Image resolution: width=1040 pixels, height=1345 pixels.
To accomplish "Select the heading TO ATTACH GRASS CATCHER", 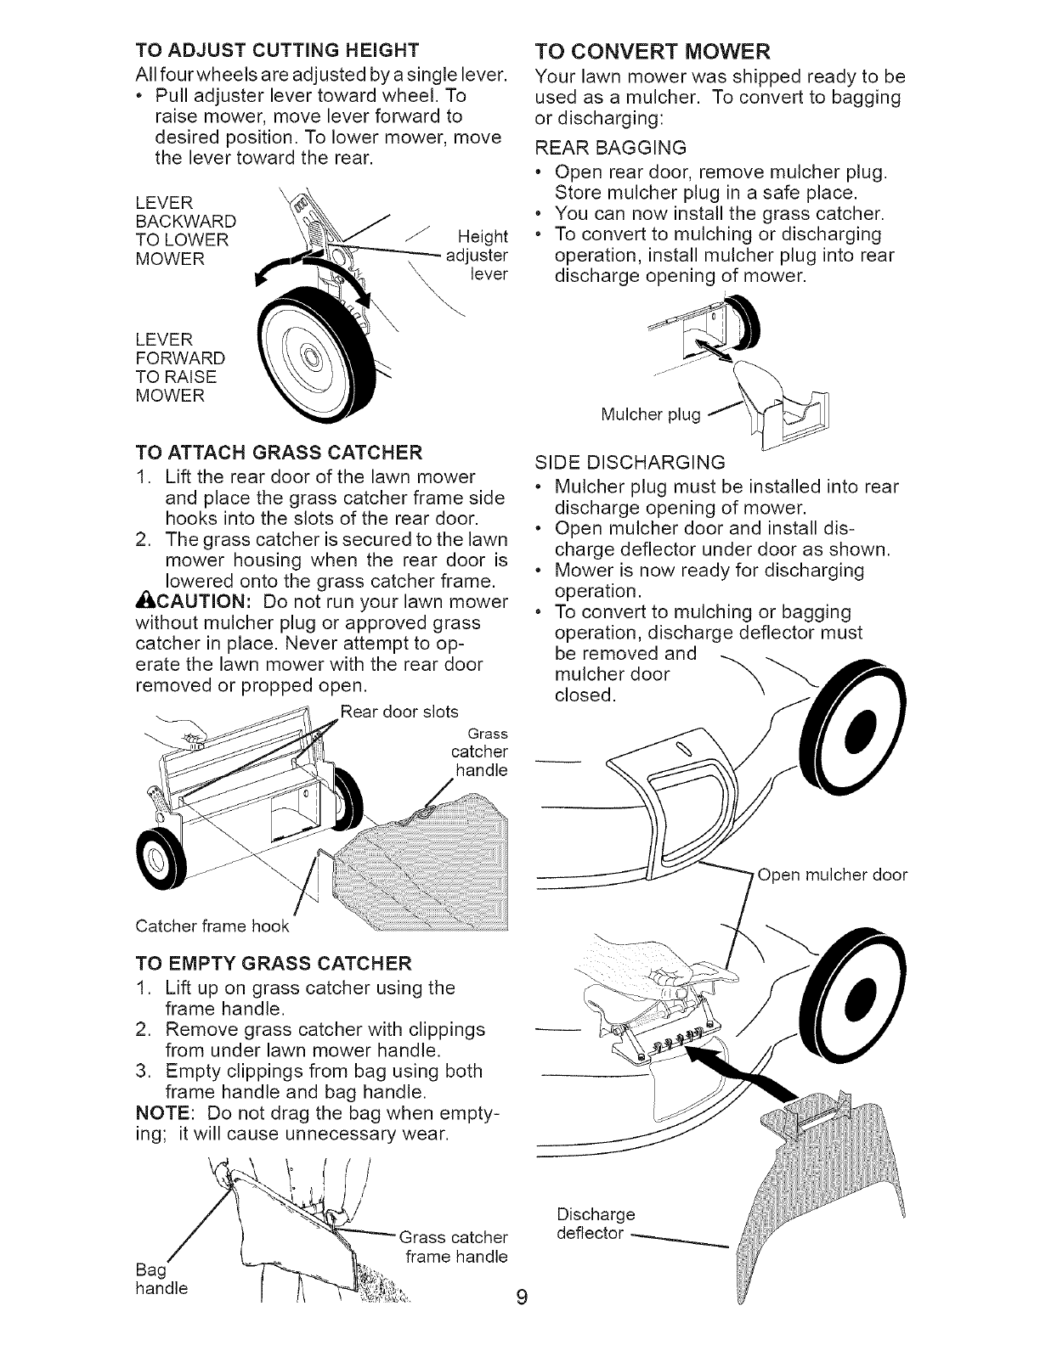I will click(x=278, y=449).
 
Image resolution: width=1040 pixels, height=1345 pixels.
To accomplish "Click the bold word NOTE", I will click(x=161, y=1112).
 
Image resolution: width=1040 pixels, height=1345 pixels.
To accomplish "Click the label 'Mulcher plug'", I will click(x=650, y=414).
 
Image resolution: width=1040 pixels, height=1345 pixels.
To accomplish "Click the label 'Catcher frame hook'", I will click(x=213, y=925).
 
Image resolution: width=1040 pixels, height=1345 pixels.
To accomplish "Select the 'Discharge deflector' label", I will click(x=596, y=1222).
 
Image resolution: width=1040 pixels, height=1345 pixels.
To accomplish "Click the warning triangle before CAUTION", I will click(x=143, y=602).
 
